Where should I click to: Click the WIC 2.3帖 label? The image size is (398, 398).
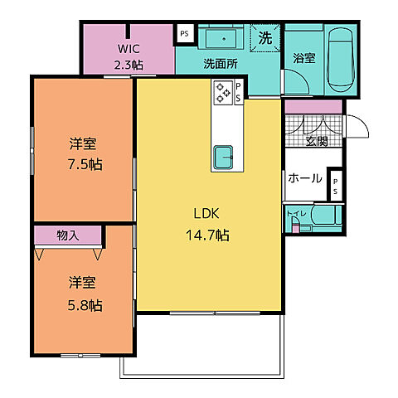[x=129, y=57]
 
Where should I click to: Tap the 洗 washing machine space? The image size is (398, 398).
[x=265, y=38]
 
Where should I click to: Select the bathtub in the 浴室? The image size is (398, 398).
[x=340, y=60]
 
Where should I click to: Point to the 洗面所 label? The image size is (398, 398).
[x=221, y=64]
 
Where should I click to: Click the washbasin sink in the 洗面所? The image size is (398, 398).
[x=221, y=38]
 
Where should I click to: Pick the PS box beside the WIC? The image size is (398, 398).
[x=185, y=34]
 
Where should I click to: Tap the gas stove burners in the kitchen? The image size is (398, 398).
[x=223, y=92]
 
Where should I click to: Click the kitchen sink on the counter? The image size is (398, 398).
[x=223, y=157]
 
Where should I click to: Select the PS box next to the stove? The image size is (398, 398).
[x=238, y=92]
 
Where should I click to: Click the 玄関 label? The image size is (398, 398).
[x=317, y=142]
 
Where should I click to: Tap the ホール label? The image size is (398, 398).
[x=305, y=178]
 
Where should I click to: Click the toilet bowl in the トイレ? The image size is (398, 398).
[x=323, y=215]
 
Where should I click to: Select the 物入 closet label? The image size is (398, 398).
[x=68, y=235]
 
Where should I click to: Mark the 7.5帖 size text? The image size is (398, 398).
[x=85, y=164]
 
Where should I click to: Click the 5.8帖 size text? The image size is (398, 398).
[x=85, y=305]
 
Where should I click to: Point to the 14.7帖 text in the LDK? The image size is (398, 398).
[x=207, y=235]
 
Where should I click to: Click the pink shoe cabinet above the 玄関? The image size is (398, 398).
[x=313, y=107]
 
